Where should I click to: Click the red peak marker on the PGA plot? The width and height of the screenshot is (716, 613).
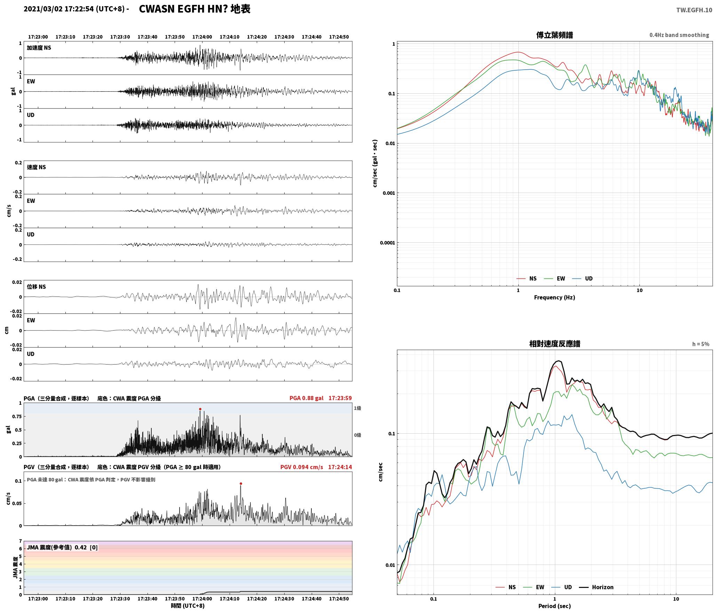(200, 409)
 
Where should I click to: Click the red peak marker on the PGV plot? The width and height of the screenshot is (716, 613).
(241, 483)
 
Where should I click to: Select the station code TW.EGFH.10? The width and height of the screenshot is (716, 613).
(694, 10)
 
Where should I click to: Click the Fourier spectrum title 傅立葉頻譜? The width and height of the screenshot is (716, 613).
(555, 35)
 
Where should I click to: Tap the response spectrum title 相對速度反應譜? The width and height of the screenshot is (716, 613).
(555, 344)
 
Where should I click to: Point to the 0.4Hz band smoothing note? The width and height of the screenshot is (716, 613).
(679, 35)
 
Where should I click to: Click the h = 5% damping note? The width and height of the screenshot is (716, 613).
(701, 344)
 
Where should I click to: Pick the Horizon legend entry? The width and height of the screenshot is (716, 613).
(596, 587)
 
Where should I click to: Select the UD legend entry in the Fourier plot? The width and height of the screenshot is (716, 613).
(582, 279)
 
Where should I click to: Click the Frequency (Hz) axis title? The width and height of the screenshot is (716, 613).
(555, 297)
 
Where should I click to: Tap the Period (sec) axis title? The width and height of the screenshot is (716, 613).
(555, 606)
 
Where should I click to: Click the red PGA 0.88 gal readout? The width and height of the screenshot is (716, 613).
(306, 398)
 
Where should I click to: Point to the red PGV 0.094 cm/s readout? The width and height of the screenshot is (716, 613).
(302, 467)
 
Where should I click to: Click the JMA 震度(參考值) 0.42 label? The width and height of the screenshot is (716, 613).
(57, 548)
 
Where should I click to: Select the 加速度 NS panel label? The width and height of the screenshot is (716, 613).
(39, 48)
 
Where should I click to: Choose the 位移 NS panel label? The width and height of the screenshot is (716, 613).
(37, 287)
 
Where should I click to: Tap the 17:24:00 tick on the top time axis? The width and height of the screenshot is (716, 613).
(202, 37)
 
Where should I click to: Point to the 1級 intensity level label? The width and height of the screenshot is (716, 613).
(357, 408)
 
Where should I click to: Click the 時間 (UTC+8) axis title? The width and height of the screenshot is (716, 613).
(188, 606)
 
